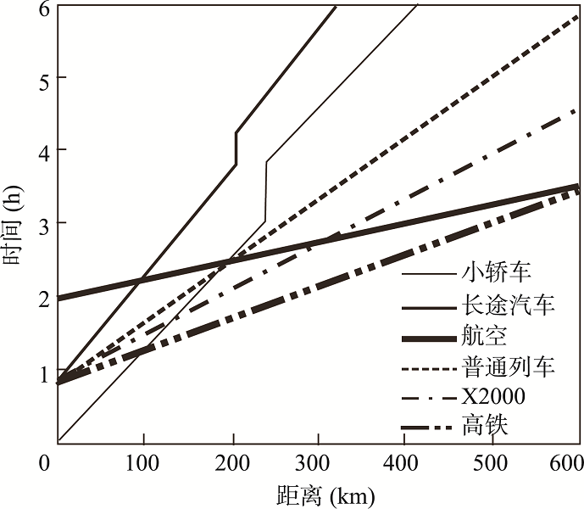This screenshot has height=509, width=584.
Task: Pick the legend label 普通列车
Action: [x=509, y=366]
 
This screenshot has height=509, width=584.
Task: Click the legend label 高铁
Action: [x=485, y=426]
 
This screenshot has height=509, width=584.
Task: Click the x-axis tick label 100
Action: [x=144, y=463]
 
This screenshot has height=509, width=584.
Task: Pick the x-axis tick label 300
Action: [x=318, y=463]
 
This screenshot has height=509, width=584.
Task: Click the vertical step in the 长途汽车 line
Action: [x=236, y=148]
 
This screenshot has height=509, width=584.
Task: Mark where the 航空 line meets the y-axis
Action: [x=58, y=298]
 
